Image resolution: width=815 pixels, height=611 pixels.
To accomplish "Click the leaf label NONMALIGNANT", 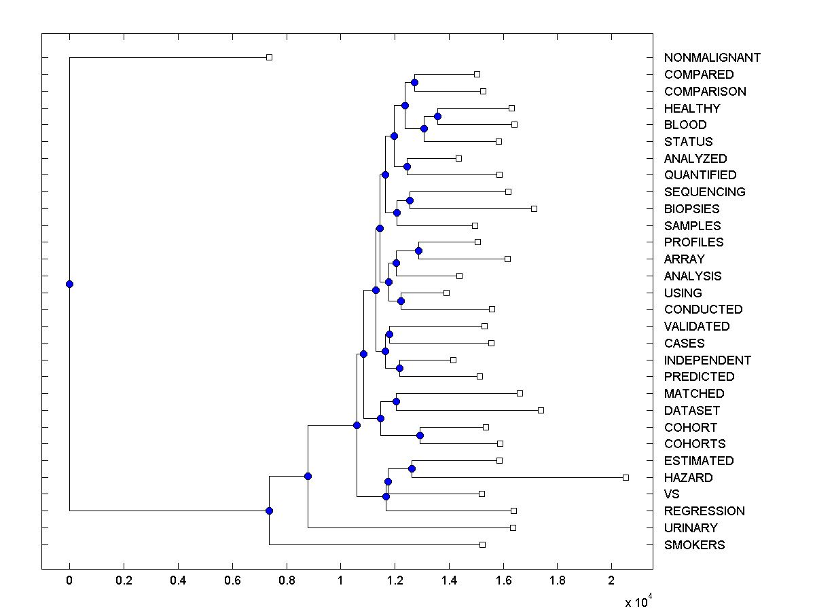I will [x=712, y=58].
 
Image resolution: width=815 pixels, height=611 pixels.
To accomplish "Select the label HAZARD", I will [x=688, y=478].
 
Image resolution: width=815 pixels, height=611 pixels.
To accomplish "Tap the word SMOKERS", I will [x=694, y=545].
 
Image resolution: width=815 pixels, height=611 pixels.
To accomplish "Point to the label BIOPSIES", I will [x=691, y=209].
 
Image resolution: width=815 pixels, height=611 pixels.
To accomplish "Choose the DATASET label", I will [x=691, y=411].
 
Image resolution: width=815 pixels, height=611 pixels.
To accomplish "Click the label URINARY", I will [x=691, y=528].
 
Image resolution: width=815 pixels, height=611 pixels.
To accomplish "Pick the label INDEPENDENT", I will [x=708, y=360].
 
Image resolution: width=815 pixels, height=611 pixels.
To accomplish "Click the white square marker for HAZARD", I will [x=626, y=477].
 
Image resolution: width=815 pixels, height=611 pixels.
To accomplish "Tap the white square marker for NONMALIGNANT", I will [x=269, y=57].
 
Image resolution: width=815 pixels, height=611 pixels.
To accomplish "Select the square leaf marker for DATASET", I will [x=541, y=410].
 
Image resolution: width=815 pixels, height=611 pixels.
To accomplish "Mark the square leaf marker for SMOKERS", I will [x=482, y=544].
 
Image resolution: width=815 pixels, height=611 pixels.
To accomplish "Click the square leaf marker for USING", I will [x=446, y=293].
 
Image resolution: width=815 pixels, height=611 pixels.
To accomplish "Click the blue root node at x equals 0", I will [x=69, y=284].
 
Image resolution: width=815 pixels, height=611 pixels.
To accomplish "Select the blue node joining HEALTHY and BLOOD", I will [x=437, y=116].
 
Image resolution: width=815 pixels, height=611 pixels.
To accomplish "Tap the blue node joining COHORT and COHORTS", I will [x=420, y=435].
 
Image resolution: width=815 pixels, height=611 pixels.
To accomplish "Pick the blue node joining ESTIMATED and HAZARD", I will [x=412, y=468].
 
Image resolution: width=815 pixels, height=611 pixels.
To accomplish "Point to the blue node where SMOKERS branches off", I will [x=269, y=511].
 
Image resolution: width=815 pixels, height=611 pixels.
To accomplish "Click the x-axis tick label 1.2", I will [x=395, y=581].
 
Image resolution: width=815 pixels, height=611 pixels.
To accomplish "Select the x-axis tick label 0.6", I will [x=232, y=581].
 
